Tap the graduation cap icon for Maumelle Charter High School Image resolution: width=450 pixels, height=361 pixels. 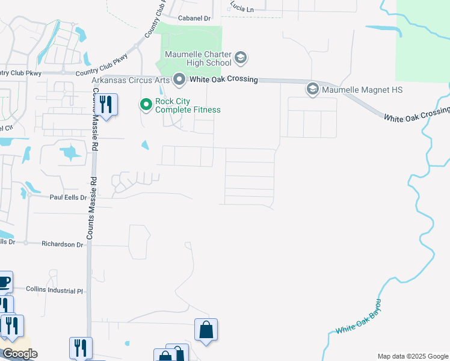tap(240, 58)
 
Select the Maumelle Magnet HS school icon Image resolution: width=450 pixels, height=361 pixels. tap(312, 90)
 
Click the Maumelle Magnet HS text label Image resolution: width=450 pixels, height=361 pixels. tap(362, 90)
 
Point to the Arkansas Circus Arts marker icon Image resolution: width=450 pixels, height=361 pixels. tap(179, 79)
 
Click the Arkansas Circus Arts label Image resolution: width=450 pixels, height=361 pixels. tap(131, 79)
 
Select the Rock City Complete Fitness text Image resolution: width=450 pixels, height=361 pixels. tap(188, 105)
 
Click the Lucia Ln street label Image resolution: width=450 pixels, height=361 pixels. tap(241, 8)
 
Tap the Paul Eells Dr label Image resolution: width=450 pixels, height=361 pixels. tap(68, 197)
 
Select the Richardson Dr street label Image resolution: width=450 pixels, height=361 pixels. tap(62, 244)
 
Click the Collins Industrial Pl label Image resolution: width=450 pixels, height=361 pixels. tap(54, 290)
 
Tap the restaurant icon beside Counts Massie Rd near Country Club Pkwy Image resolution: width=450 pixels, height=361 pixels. tap(106, 105)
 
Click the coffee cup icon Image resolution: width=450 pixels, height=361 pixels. tap(4, 281)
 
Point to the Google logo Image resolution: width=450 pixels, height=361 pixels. tap(20, 354)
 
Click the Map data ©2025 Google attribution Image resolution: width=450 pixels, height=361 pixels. tap(412, 356)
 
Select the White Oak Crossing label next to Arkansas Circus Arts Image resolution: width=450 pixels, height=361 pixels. tap(223, 79)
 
